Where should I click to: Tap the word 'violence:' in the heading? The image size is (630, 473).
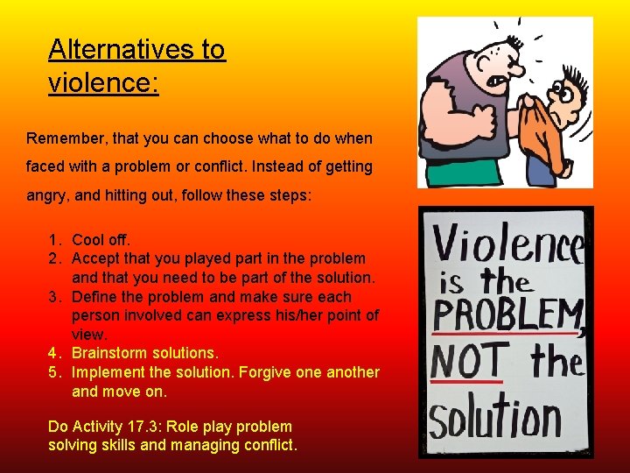103,83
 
